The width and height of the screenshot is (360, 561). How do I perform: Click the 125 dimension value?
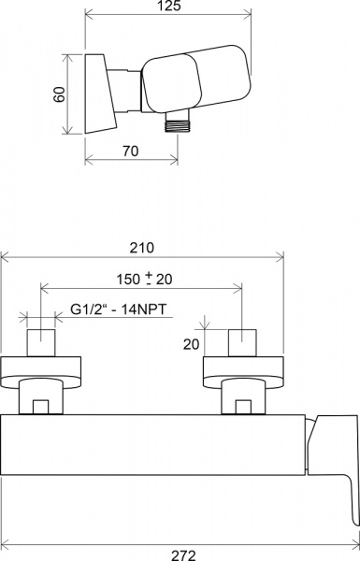(169, 6)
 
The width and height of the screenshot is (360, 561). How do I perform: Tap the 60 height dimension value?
(60, 94)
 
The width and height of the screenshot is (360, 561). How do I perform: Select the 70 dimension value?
(131, 151)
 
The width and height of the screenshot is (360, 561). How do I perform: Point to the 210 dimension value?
(142, 248)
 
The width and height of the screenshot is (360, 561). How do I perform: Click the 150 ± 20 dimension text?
(144, 279)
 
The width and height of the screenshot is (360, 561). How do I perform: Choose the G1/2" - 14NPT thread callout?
(119, 309)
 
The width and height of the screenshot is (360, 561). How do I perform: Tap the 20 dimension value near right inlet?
(191, 344)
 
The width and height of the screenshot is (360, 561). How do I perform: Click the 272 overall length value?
(183, 555)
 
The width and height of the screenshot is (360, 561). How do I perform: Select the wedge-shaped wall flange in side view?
(99, 93)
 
